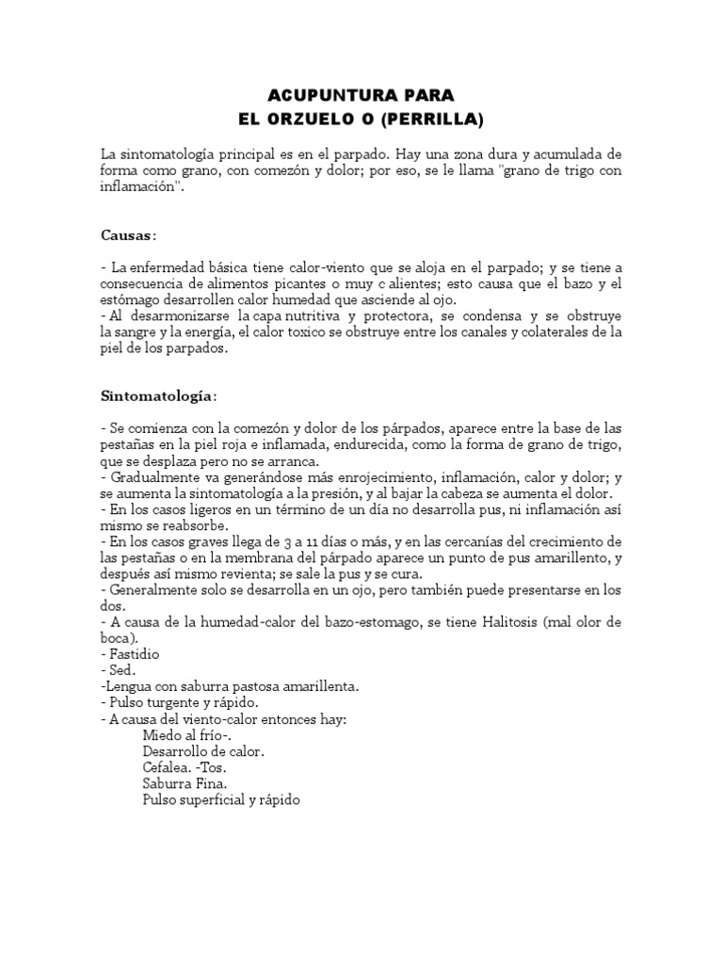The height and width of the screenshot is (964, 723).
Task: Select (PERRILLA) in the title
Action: pos(435,120)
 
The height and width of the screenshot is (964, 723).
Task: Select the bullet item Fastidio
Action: pos(135,653)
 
